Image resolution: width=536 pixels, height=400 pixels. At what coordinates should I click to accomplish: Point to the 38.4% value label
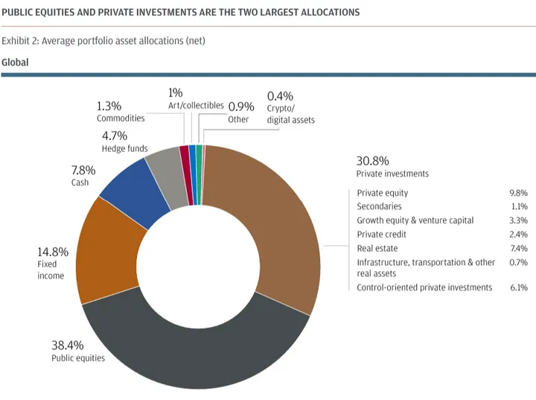tap(67, 346)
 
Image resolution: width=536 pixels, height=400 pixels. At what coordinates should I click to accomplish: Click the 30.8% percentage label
tap(373, 160)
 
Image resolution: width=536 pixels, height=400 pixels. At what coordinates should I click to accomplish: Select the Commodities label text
tap(121, 118)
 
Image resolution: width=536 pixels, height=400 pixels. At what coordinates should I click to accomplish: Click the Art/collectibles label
tap(196, 106)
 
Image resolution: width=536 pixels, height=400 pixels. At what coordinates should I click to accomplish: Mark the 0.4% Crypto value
tap(280, 96)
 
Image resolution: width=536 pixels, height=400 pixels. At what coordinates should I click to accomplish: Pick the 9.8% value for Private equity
tap(518, 193)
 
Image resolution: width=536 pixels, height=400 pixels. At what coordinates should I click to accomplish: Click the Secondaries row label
tap(379, 206)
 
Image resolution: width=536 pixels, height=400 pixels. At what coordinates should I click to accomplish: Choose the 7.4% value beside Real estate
tap(518, 249)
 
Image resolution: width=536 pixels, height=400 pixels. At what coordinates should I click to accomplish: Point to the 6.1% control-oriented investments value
tap(518, 288)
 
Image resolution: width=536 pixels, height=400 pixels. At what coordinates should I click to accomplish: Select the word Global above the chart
tap(15, 63)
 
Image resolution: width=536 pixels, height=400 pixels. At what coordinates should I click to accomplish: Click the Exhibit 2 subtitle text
tap(103, 41)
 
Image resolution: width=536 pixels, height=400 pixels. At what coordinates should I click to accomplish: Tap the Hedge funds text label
tap(124, 149)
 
